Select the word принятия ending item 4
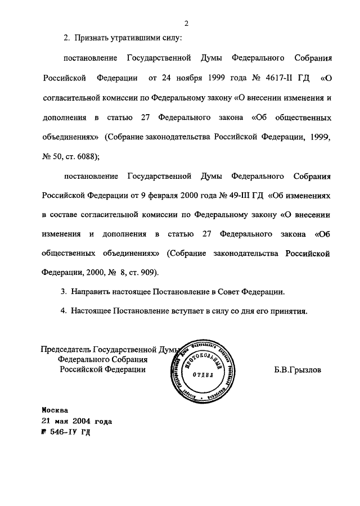(287, 311)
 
